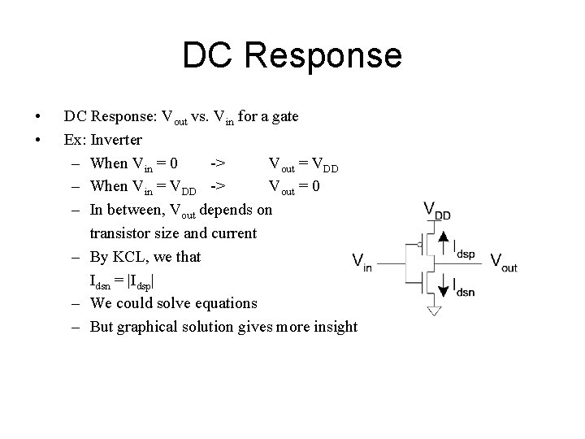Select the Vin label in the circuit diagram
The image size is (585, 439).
point(362,263)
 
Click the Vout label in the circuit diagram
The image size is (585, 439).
point(503,262)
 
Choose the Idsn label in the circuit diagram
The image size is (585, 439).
point(463,290)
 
